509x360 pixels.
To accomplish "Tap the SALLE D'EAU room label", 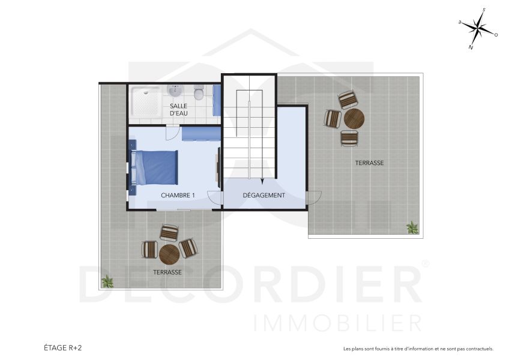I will click(x=179, y=109).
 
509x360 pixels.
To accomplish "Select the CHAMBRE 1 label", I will click(x=178, y=196).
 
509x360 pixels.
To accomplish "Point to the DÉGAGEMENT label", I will click(x=264, y=196).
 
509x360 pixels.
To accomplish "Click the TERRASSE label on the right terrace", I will click(x=369, y=163).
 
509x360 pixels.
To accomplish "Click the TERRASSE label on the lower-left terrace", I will click(x=167, y=272).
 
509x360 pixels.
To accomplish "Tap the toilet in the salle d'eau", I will click(x=199, y=93).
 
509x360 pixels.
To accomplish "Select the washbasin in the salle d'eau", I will click(x=175, y=92).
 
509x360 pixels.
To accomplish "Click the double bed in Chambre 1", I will click(x=155, y=167).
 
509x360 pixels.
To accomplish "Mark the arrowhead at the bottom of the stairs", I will click(x=262, y=180).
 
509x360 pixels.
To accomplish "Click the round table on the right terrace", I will click(x=354, y=118).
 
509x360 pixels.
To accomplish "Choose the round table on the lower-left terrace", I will click(x=170, y=253).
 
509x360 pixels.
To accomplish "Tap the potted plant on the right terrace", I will click(x=412, y=227).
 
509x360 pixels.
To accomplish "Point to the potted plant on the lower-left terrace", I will click(x=107, y=281).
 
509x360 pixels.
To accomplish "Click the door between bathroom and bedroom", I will click(x=172, y=132).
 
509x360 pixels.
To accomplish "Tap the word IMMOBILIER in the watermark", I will click(x=338, y=323).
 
